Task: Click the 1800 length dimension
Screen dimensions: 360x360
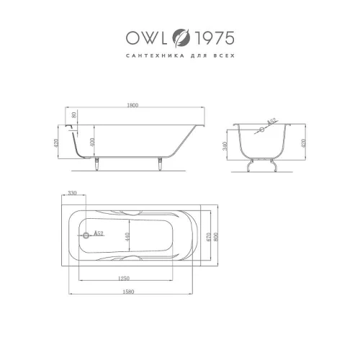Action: pos(132,105)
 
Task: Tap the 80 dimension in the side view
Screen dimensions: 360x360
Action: pos(74,114)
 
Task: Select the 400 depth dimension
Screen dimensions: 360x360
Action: pos(93,142)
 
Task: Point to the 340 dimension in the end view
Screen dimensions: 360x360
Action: pos(225,146)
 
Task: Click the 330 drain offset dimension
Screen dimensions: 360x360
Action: pos(72,193)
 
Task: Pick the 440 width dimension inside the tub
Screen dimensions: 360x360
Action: pos(127,237)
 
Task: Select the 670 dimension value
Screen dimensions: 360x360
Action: pos(208,237)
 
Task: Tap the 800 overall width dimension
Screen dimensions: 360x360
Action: pos(215,237)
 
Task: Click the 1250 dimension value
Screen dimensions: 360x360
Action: pos(124,279)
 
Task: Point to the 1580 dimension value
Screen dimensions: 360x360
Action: pos(129,292)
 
